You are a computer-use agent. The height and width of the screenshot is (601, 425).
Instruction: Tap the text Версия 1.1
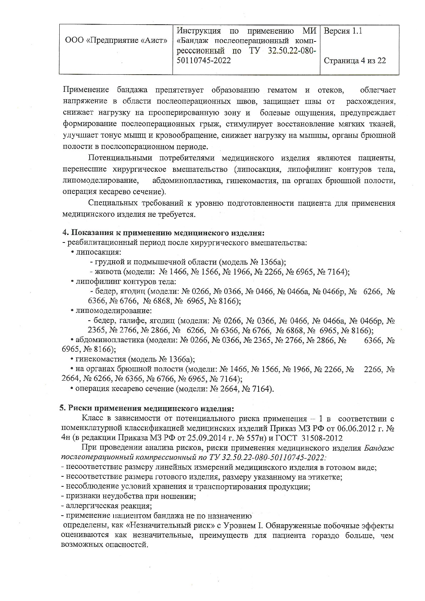pyautogui.click(x=342, y=31)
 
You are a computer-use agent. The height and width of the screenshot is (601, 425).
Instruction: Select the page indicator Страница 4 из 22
pyautogui.click(x=354, y=61)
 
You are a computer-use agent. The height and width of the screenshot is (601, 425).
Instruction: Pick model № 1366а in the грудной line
pyautogui.click(x=265, y=262)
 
